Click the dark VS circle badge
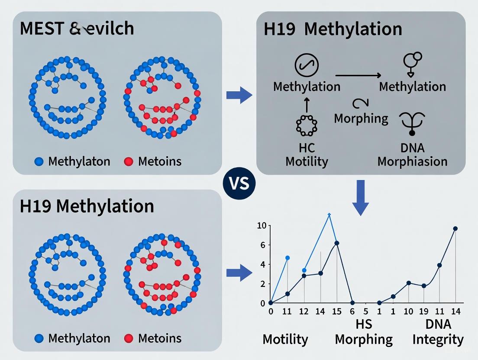pyautogui.click(x=239, y=183)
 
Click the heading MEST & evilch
pyautogui.click(x=77, y=29)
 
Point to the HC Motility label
pyautogui.click(x=307, y=154)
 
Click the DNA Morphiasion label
pyautogui.click(x=412, y=154)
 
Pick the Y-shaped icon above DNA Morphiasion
pyautogui.click(x=412, y=123)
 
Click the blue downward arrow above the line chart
pyautogui.click(x=360, y=197)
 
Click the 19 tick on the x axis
pyautogui.click(x=424, y=312)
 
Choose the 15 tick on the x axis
pyautogui.click(x=336, y=312)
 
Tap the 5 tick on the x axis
pyautogui.click(x=366, y=312)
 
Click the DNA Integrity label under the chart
pyautogui.click(x=438, y=331)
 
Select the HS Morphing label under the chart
pyautogui.click(x=363, y=331)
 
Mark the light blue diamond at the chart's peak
pyautogui.click(x=329, y=214)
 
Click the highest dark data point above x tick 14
pyautogui.click(x=455, y=228)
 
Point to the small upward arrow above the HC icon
pyautogui.click(x=307, y=104)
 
